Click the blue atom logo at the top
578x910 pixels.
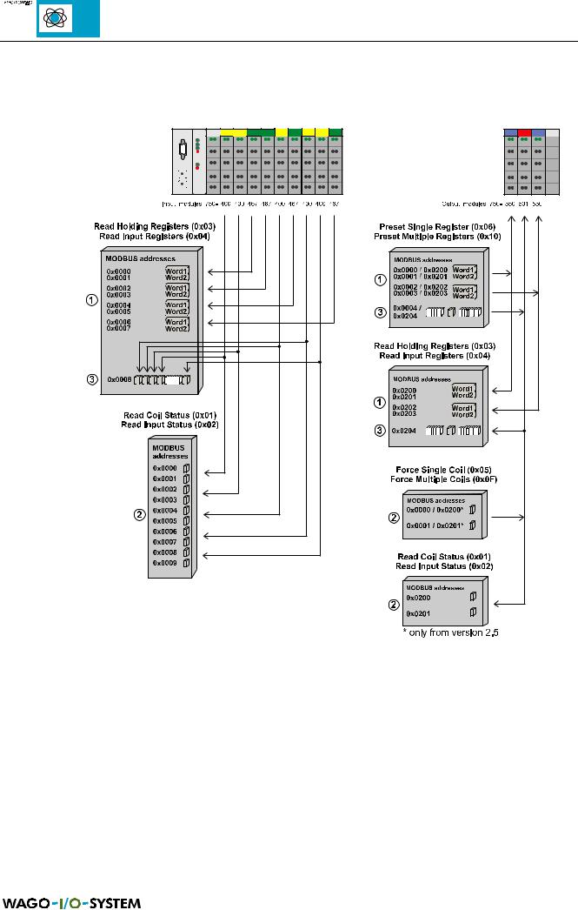pyautogui.click(x=68, y=19)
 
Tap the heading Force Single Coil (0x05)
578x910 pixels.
pyautogui.click(x=445, y=471)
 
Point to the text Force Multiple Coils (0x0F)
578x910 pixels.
pyautogui.click(x=445, y=479)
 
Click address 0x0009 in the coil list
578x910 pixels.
pyautogui.click(x=165, y=563)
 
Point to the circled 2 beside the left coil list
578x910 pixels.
pyautogui.click(x=137, y=512)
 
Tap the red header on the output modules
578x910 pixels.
pyautogui.click(x=524, y=130)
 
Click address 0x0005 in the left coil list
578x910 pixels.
pyautogui.click(x=165, y=520)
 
